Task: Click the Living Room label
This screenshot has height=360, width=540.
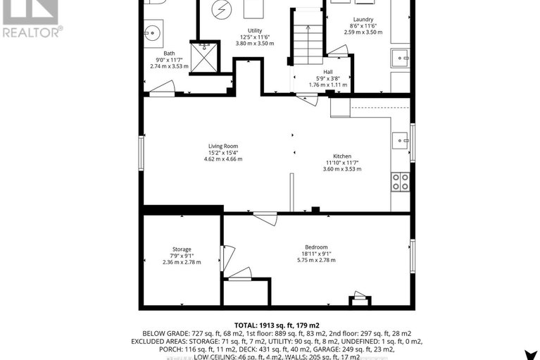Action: (222, 147)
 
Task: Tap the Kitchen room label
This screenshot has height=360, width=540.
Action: (342, 156)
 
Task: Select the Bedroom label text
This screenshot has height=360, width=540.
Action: (316, 247)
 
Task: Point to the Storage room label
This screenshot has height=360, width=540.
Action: (182, 249)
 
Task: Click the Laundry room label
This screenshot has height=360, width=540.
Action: (364, 20)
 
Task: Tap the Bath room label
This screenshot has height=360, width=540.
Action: (169, 54)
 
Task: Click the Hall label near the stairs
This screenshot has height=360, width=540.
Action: (329, 72)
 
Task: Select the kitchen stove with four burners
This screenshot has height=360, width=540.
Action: (401, 182)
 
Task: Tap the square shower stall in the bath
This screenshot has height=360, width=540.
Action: (205, 57)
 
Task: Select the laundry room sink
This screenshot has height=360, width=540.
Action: (401, 56)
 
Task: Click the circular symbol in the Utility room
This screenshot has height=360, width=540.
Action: (223, 10)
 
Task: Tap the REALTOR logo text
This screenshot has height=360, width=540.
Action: (32, 32)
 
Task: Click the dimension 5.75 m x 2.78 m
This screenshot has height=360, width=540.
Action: (316, 260)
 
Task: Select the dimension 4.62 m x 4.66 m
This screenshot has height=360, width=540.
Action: (222, 159)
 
